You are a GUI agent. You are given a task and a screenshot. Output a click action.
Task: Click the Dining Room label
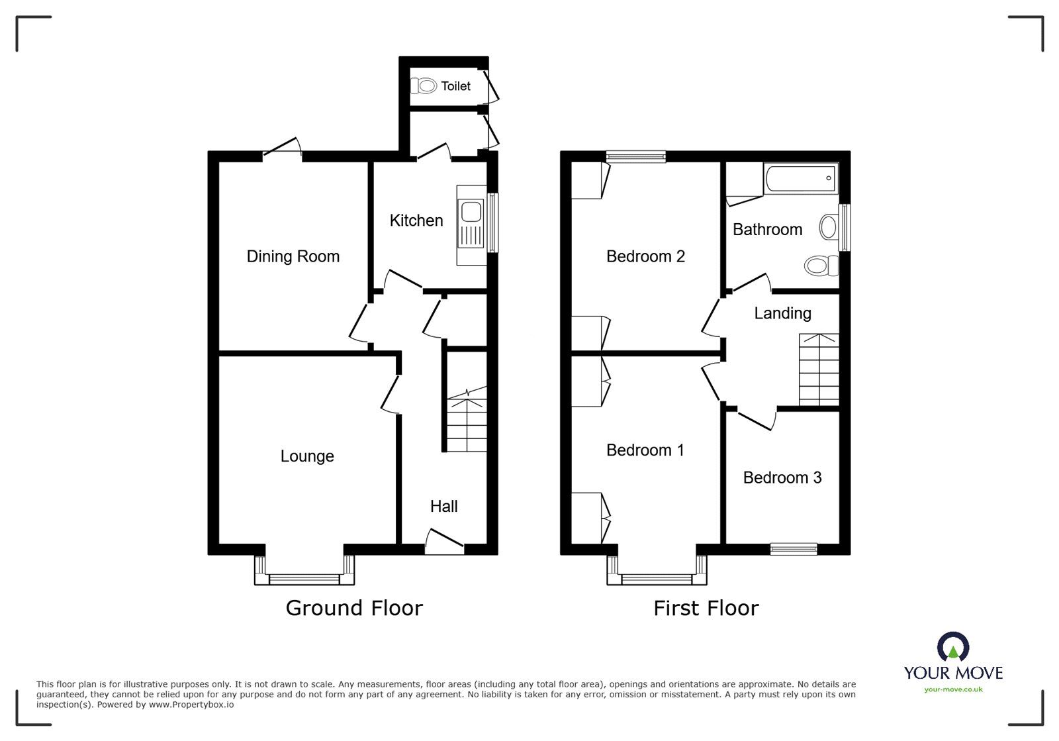[293, 256]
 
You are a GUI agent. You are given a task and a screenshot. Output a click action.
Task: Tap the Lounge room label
[307, 456]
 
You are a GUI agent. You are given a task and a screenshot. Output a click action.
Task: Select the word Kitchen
[416, 221]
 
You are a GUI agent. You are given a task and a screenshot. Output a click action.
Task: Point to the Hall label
[444, 507]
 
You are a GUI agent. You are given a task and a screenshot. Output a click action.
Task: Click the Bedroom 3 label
[782, 477]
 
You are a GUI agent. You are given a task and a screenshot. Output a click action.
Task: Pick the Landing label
[782, 313]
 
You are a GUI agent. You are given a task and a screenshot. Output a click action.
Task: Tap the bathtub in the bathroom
[801, 178]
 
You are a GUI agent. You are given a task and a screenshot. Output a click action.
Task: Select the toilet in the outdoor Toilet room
[423, 86]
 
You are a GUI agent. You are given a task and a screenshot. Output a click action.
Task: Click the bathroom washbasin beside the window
[828, 226]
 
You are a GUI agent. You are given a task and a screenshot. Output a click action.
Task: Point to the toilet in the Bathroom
[821, 266]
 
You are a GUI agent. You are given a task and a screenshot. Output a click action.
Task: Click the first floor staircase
[819, 370]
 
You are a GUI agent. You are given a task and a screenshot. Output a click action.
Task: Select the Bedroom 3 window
[794, 548]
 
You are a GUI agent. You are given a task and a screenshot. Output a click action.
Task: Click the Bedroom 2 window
[636, 156]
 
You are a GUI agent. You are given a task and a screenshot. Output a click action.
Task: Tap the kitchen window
[492, 222]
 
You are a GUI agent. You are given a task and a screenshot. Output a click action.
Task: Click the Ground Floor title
[354, 608]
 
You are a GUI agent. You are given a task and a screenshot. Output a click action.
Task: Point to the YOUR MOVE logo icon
[953, 646]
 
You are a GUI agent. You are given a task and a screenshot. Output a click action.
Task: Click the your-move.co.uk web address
[953, 689]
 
